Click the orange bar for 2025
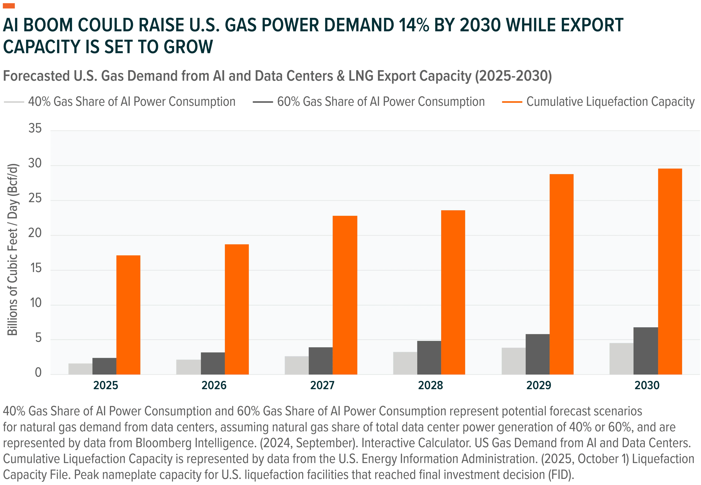128,315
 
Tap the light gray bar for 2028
405,363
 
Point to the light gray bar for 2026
188,367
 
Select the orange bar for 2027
345,295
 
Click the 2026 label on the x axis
214,385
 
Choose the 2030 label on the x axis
647,385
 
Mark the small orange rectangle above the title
9,6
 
